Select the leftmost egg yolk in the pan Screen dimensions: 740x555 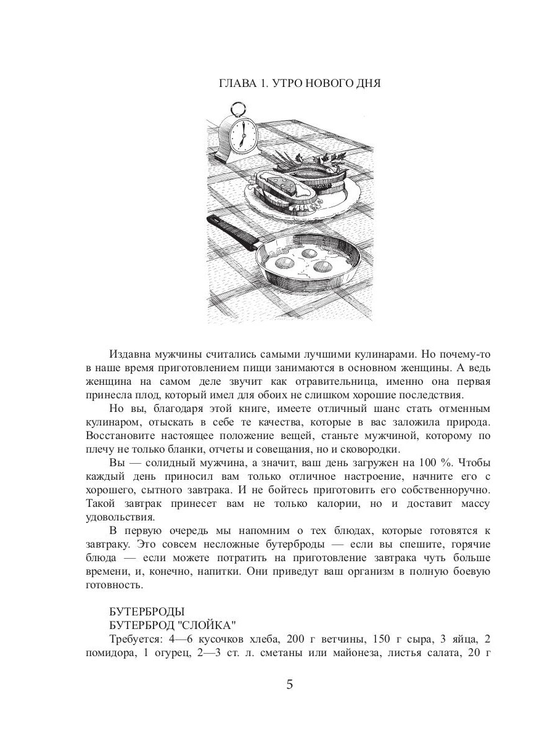coord(286,263)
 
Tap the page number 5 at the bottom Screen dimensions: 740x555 coord(290,686)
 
